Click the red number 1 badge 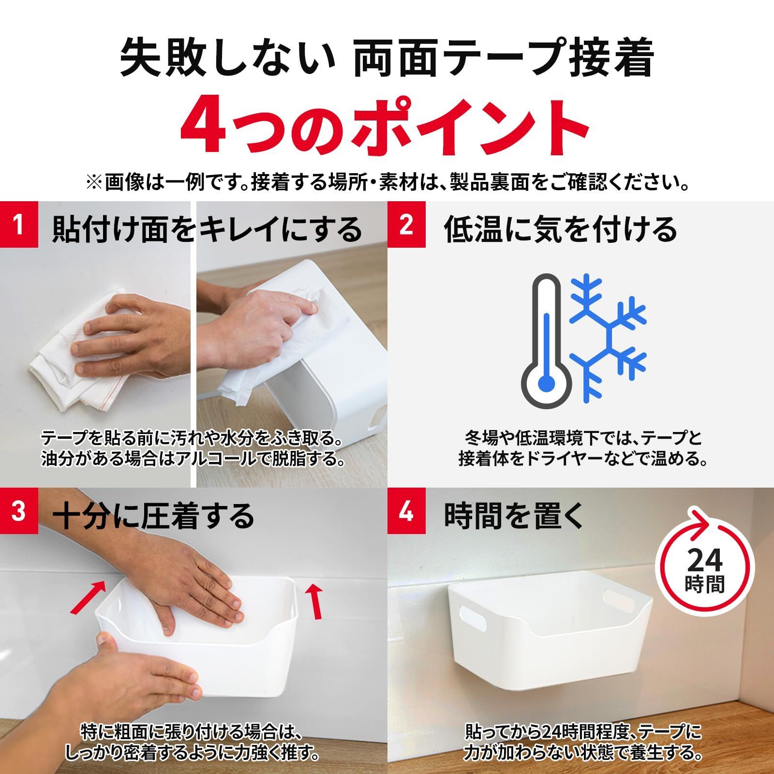click(x=18, y=224)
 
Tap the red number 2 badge click(x=406, y=224)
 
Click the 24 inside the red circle click(x=704, y=562)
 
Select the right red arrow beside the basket click(x=315, y=601)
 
